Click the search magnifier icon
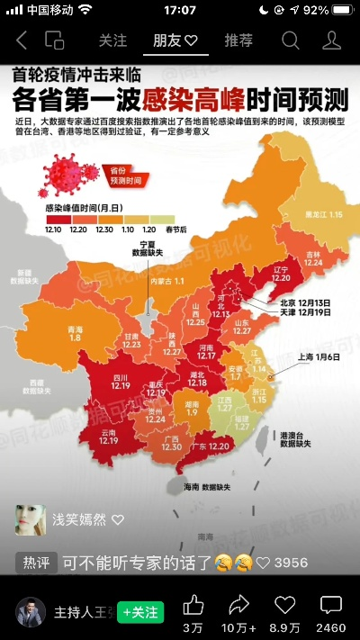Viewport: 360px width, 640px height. [x=290, y=41]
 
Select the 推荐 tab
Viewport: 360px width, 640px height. [x=238, y=41]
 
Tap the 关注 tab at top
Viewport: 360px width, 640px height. [x=112, y=41]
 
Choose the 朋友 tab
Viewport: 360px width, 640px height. [x=175, y=41]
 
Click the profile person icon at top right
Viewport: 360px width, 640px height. [x=332, y=41]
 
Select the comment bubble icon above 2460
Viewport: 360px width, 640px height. [x=331, y=604]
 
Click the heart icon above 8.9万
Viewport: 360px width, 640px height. [x=285, y=604]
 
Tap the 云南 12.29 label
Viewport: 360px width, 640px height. [x=108, y=437]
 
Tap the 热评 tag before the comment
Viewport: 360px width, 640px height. [x=36, y=563]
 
